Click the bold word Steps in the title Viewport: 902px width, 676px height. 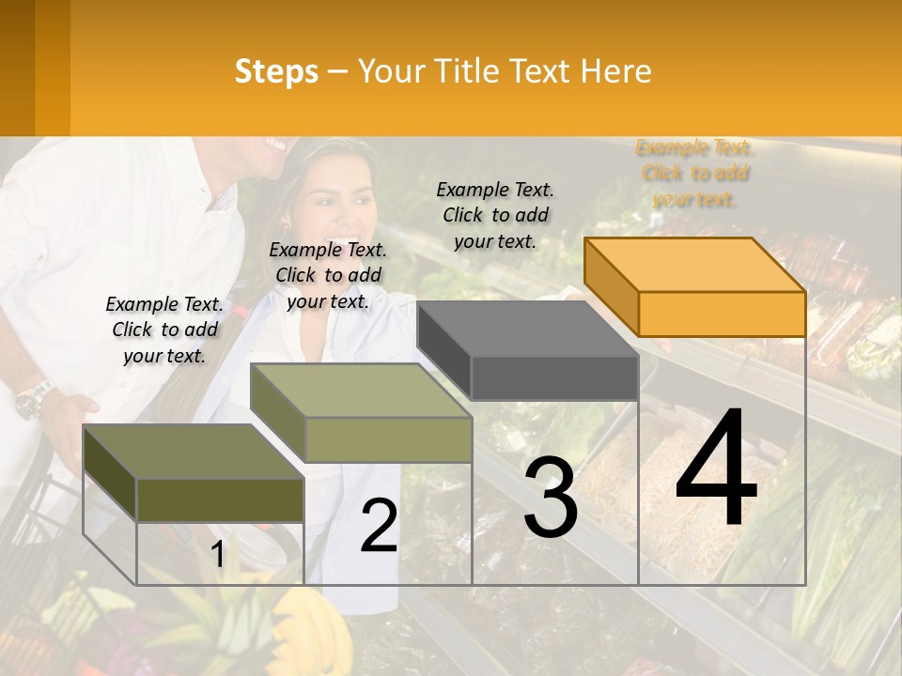click(276, 71)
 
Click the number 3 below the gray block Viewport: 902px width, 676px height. click(551, 499)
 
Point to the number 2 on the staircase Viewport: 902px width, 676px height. click(379, 526)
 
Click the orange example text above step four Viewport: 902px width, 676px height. click(695, 173)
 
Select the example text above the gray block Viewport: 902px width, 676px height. click(495, 215)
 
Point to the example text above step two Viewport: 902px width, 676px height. click(328, 275)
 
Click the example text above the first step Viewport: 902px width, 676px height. click(164, 330)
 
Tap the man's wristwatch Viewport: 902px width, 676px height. click(35, 398)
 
